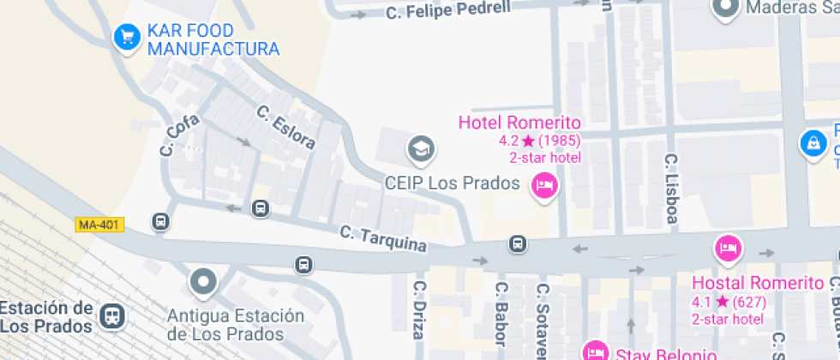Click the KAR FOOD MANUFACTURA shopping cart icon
[x=128, y=37]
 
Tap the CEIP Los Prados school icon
[x=420, y=150]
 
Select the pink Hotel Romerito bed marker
[x=543, y=185]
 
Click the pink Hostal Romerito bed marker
[x=728, y=249]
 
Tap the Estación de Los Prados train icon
[x=111, y=316]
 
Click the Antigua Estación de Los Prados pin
[x=203, y=280]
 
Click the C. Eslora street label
[x=286, y=127]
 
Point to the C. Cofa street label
[x=179, y=135]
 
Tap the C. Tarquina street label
[x=383, y=237]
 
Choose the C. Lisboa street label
[x=672, y=189]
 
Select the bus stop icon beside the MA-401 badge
[x=160, y=222]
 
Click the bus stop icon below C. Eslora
[x=260, y=208]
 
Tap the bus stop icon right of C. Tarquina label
[x=517, y=244]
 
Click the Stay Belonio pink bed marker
[x=595, y=351]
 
